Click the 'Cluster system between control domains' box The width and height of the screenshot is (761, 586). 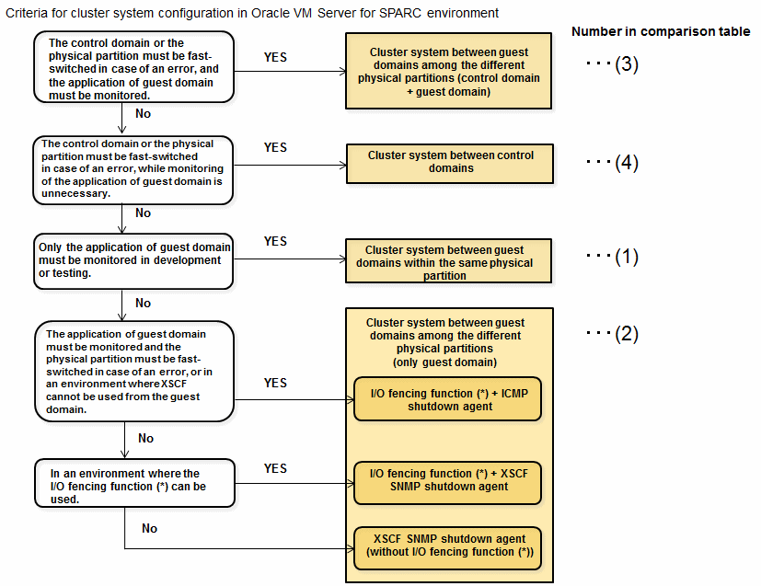(x=449, y=164)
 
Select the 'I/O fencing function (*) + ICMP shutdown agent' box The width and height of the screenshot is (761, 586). (x=447, y=398)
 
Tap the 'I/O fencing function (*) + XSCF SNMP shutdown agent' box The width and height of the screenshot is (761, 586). (x=447, y=483)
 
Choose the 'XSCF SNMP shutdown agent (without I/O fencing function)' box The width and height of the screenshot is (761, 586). (x=447, y=548)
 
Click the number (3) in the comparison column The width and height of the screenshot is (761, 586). (x=626, y=64)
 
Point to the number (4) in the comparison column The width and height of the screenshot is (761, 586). (x=626, y=163)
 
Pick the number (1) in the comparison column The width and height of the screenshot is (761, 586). (x=626, y=257)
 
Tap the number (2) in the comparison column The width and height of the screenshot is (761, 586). (x=626, y=334)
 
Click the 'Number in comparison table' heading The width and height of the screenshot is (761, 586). (x=661, y=31)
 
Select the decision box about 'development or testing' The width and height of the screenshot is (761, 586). (x=133, y=261)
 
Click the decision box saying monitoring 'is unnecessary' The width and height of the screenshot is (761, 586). (x=133, y=170)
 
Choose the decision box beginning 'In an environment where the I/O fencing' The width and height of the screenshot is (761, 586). (x=135, y=483)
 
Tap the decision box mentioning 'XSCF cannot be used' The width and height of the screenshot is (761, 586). (x=134, y=371)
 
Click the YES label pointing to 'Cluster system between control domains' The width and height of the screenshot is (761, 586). (x=275, y=147)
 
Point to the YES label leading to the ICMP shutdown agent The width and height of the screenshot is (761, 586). (x=275, y=384)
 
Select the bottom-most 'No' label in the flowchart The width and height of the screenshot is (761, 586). (x=149, y=528)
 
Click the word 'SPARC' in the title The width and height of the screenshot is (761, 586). (x=400, y=13)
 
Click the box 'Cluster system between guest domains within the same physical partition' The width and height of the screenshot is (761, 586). (x=448, y=261)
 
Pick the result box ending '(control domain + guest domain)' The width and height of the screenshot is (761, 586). (x=448, y=71)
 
